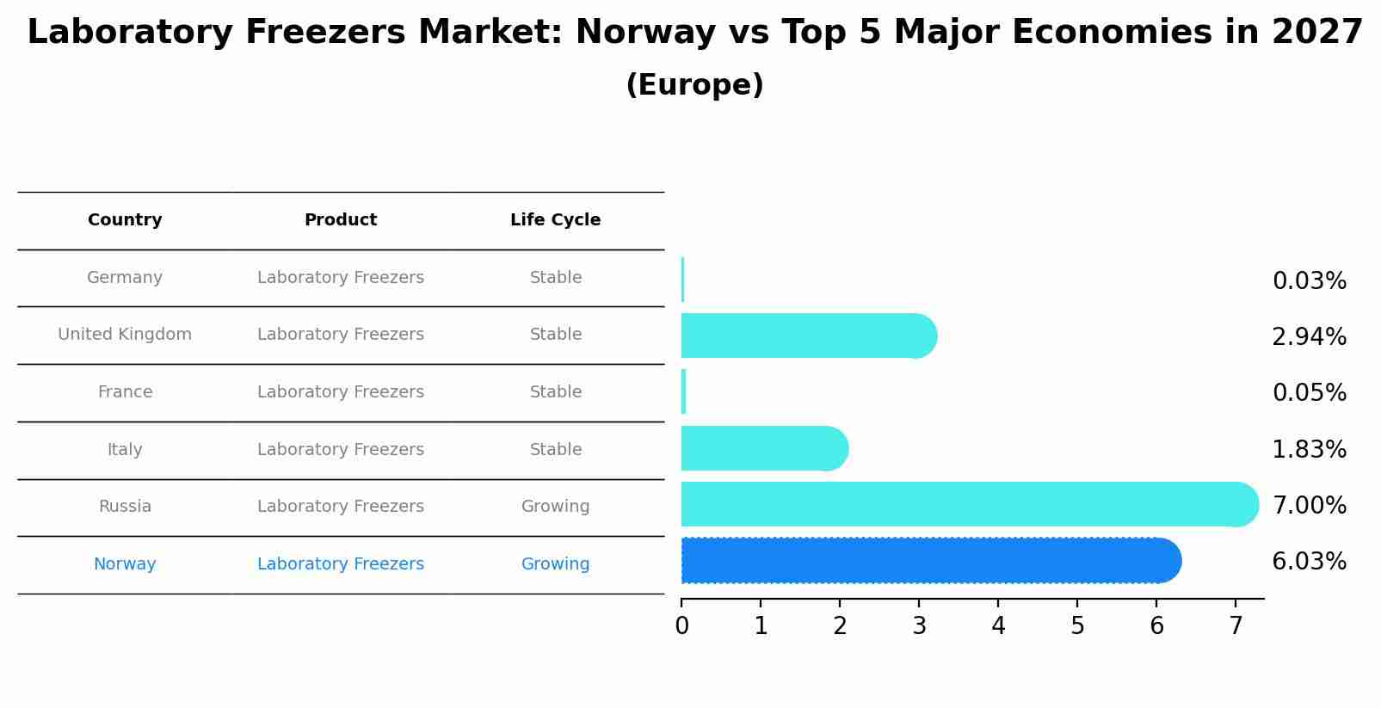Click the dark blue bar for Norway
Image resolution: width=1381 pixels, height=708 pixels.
coord(929,561)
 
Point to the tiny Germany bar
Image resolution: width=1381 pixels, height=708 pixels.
coord(682,280)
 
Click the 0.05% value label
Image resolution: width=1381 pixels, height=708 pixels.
coord(1309,393)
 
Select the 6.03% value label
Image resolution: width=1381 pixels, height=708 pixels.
coord(1309,562)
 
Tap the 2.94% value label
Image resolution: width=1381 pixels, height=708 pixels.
coord(1309,337)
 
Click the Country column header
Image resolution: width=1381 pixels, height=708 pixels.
coord(125,220)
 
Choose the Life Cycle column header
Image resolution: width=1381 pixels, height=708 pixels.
coord(555,220)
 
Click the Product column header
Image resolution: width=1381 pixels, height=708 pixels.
coord(341,220)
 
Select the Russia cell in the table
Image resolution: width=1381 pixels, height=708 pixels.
coord(125,507)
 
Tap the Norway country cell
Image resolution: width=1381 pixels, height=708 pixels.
coord(125,564)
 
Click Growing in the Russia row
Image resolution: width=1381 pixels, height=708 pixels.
coord(555,507)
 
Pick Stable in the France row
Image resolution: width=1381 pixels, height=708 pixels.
coord(555,392)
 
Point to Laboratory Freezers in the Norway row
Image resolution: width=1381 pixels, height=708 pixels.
coord(341,564)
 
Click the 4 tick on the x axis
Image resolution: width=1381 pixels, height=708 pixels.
coord(998,626)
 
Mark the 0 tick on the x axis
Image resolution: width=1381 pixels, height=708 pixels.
coord(681,626)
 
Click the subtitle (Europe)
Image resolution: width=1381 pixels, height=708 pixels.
coord(694,85)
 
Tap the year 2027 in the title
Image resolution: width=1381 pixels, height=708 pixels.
coord(1316,33)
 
